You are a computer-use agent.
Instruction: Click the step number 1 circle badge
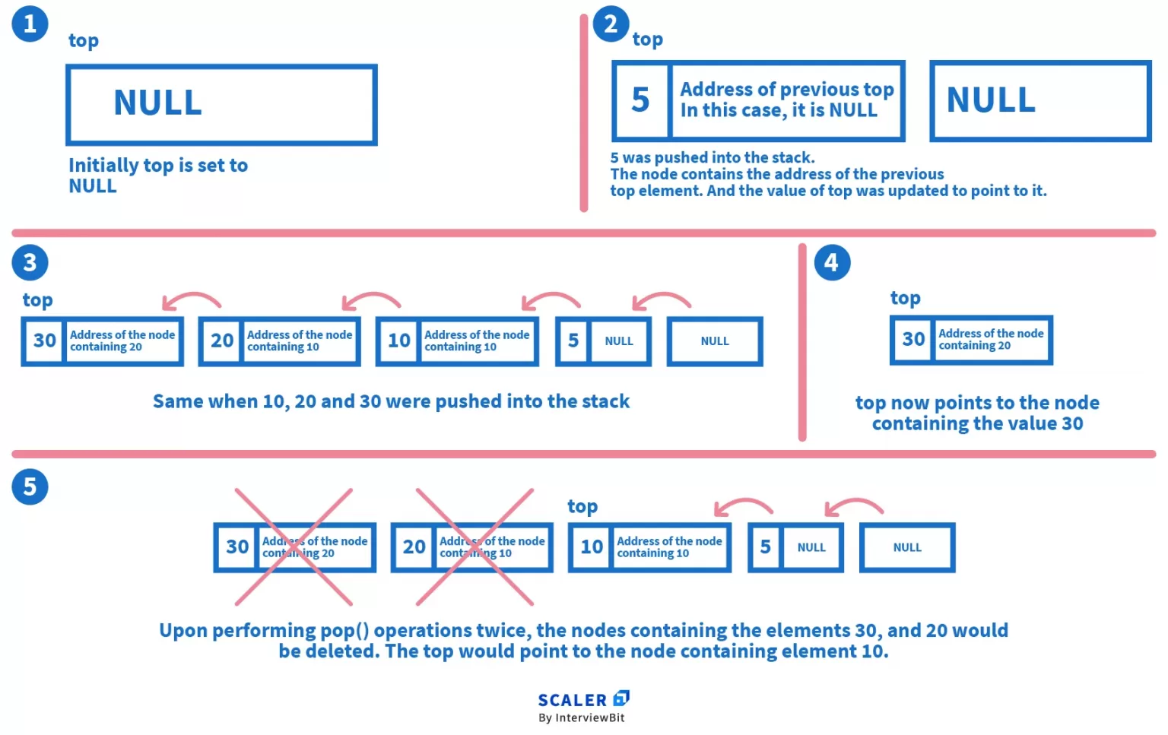[x=30, y=24]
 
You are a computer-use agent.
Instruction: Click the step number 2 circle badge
[x=611, y=24]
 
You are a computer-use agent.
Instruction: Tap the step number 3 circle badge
[x=30, y=262]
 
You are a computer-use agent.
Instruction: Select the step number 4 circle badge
[x=832, y=262]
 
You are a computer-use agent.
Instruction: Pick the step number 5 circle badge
[x=30, y=486]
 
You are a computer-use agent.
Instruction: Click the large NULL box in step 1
[x=221, y=104]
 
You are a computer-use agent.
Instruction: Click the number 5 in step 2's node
[x=641, y=100]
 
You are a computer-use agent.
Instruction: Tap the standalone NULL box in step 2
[x=1039, y=100]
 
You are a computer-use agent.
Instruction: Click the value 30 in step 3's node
[x=44, y=341]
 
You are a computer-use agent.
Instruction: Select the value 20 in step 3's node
[x=221, y=341]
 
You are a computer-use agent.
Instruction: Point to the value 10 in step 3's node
[x=398, y=341]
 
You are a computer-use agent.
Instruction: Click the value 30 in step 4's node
[x=912, y=339]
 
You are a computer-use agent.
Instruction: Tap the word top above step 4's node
[x=905, y=298]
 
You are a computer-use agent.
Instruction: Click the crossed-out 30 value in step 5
[x=237, y=546]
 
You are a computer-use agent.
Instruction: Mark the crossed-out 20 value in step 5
[x=414, y=546]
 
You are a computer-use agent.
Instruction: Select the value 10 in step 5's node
[x=592, y=546]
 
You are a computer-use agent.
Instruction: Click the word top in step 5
[x=582, y=506]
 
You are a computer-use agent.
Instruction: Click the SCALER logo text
[x=573, y=700]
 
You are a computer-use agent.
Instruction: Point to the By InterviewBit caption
[x=582, y=718]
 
